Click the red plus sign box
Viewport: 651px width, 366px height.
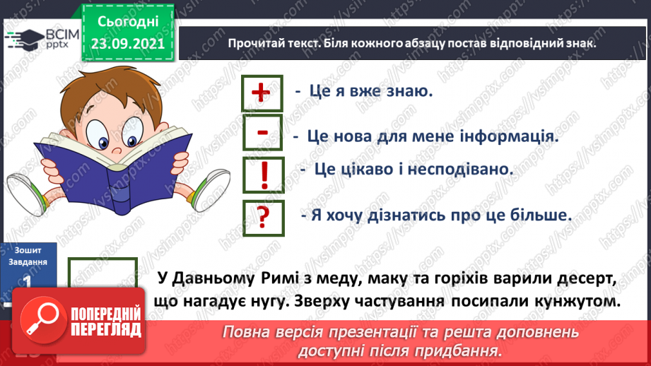[x=261, y=93]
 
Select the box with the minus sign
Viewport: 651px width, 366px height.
[x=261, y=134]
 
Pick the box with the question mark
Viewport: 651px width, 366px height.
[x=262, y=216]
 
